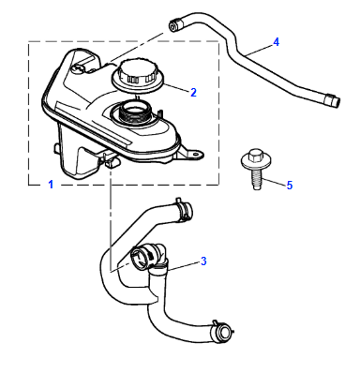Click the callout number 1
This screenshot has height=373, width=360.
[x=51, y=185]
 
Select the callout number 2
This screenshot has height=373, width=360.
[x=193, y=92]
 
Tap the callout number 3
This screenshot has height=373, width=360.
[x=203, y=261]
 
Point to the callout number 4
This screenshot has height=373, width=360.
[x=276, y=42]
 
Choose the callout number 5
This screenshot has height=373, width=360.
[x=290, y=186]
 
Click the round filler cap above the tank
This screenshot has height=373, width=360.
[x=137, y=76]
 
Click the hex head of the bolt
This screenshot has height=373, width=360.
[x=256, y=155]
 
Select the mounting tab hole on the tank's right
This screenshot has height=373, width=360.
[x=196, y=154]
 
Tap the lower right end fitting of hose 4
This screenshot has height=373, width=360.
[x=332, y=100]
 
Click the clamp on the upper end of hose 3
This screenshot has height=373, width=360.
[x=184, y=209]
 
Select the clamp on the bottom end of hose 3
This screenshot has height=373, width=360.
[x=222, y=330]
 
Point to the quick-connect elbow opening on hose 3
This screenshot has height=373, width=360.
[x=140, y=258]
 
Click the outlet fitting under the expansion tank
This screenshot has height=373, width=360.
[x=112, y=161]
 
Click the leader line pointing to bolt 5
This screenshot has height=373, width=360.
[x=274, y=182]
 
